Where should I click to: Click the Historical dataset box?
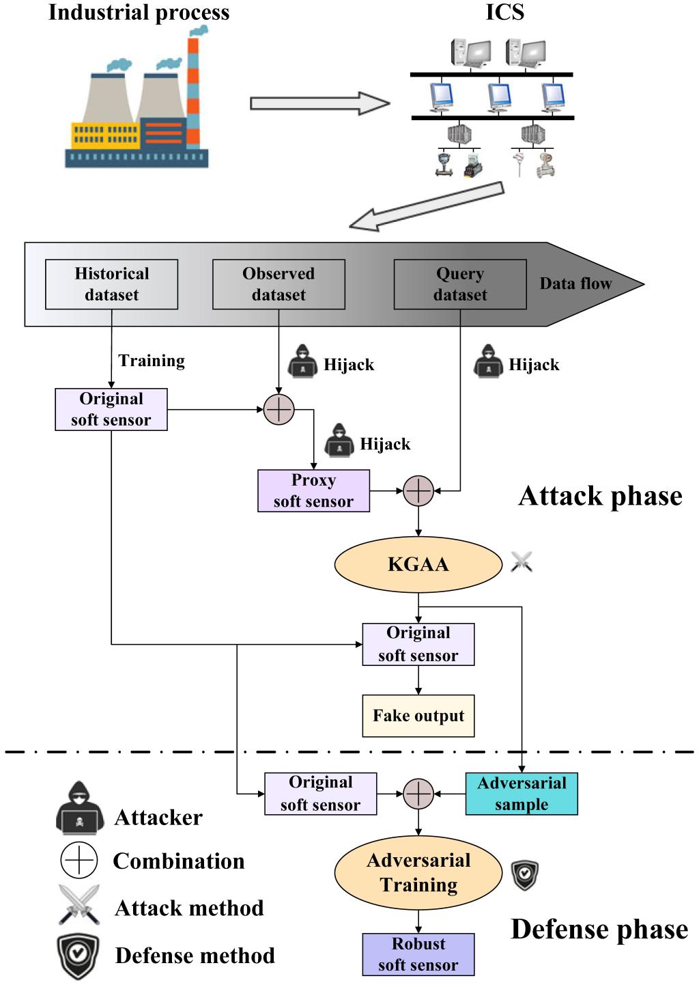111,284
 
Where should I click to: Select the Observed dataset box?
279,284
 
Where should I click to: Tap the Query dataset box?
460,284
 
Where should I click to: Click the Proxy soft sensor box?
313,490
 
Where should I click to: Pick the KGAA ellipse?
418,564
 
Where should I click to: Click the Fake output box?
418,716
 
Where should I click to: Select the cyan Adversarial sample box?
522,794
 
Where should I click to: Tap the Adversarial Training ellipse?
418,872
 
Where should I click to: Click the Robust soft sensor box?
418,954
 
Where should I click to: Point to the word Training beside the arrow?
152,361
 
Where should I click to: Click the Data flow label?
575,283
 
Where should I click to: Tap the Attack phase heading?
600,496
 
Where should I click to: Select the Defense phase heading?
599,930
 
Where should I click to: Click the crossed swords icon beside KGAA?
522,562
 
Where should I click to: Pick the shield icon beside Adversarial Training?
525,875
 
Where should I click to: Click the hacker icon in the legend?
80,809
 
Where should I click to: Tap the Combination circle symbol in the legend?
79,860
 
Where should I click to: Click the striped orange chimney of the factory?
193,92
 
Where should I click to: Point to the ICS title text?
504,12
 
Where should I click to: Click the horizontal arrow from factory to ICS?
319,104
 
